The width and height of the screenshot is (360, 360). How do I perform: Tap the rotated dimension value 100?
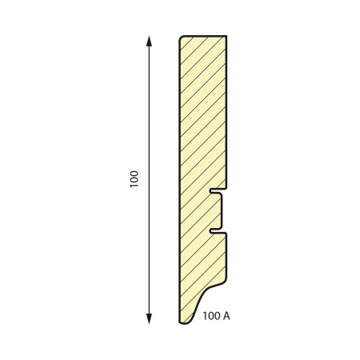click(134, 179)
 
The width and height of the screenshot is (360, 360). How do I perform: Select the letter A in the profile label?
click(226, 316)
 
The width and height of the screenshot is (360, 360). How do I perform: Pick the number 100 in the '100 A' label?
click(211, 316)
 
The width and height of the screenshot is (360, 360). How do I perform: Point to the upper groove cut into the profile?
click(215, 191)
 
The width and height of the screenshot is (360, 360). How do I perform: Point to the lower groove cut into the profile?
click(215, 231)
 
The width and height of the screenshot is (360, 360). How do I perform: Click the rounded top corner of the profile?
click(181, 38)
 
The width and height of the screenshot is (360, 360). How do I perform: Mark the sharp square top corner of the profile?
click(226, 35)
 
